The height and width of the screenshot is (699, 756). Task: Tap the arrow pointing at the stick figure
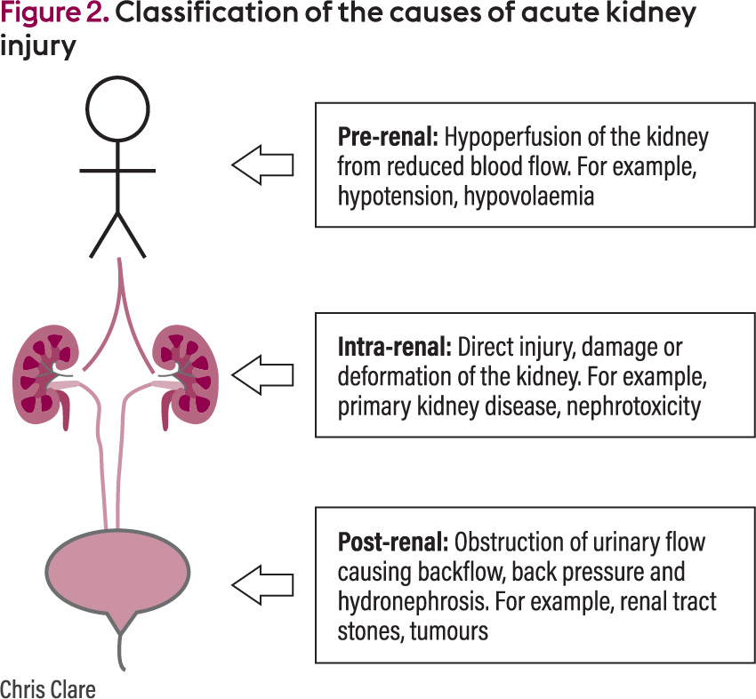click(x=263, y=165)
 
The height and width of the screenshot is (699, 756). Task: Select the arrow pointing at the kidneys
click(x=263, y=374)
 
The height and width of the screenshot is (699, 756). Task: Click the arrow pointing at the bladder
click(x=263, y=584)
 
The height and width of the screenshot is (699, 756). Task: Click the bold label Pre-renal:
click(x=388, y=138)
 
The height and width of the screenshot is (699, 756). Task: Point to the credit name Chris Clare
click(x=47, y=687)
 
